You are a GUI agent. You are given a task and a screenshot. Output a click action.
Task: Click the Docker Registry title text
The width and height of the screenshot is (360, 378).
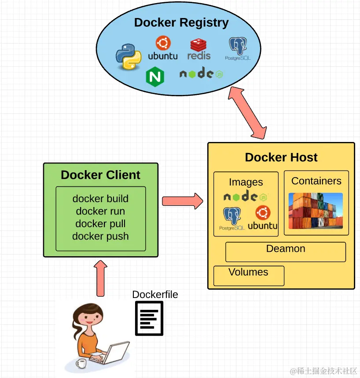(181, 23)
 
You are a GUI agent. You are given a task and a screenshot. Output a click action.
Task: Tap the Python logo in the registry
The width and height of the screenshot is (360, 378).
(129, 57)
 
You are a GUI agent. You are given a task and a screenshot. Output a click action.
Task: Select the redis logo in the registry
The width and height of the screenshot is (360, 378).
(199, 49)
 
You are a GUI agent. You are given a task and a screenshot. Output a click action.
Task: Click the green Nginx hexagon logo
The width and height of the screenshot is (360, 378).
(155, 76)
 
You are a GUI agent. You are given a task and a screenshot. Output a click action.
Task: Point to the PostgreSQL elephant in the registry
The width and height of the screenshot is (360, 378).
(238, 48)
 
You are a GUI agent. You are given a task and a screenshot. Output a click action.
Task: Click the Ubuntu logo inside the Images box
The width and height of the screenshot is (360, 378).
(263, 218)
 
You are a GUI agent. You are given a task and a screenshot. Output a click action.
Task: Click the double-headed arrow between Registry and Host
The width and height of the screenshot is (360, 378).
(247, 113)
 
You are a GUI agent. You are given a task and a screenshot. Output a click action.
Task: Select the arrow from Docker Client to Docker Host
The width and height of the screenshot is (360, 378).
(183, 201)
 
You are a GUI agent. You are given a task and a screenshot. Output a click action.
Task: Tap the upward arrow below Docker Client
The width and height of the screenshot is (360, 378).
(100, 278)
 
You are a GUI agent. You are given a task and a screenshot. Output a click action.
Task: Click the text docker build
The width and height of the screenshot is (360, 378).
(100, 199)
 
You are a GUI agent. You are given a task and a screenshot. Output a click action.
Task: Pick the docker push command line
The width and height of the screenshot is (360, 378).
(100, 236)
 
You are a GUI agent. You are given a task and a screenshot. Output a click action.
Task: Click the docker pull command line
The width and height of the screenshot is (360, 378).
(100, 224)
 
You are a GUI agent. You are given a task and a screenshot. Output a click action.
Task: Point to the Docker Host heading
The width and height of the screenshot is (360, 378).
(281, 157)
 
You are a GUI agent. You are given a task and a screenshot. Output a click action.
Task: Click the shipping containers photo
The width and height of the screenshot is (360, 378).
(316, 211)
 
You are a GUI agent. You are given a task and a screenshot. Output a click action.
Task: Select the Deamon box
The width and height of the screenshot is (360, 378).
(286, 252)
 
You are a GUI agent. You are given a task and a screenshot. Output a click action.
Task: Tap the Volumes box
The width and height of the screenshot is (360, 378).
(249, 276)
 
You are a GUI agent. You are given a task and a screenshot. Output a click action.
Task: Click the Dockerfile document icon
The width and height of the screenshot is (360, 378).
(149, 318)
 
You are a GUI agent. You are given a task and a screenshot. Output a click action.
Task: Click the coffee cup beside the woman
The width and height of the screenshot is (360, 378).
(81, 363)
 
